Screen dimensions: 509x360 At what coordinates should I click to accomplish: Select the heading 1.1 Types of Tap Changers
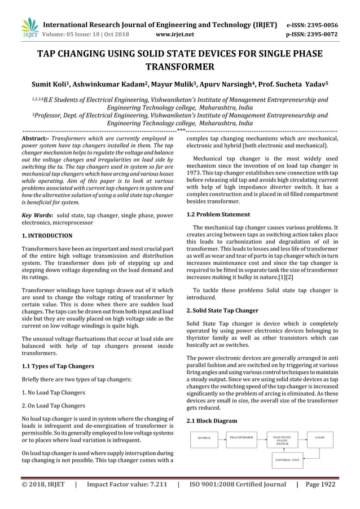pos(58,366)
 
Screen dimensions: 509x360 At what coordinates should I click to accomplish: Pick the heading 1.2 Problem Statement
pos(218,214)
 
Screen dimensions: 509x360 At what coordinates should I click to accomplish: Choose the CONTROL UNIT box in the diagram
pos(287,460)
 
